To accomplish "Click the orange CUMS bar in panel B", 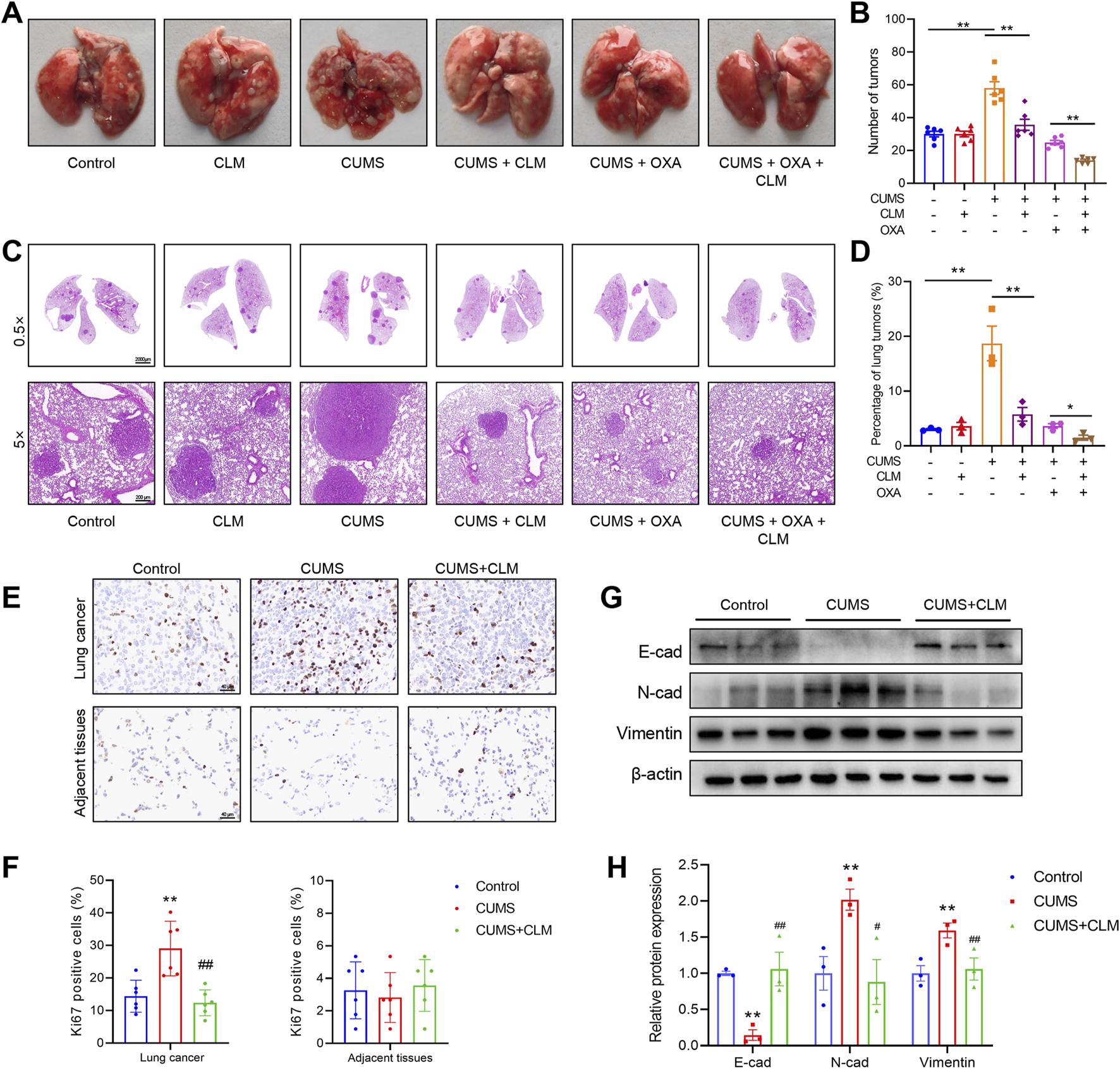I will tap(994, 136).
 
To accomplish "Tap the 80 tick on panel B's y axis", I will tap(897, 52).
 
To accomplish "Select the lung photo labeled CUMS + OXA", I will tap(635, 83).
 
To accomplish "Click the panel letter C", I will tap(12, 251).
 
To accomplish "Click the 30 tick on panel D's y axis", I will tap(894, 281).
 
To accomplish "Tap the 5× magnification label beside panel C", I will tap(20, 439).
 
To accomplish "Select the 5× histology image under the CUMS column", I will tap(363, 443).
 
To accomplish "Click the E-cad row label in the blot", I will tap(660, 652).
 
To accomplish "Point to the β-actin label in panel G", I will tap(657, 774).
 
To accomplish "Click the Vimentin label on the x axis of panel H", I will tap(947, 1062).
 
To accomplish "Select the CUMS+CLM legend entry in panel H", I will tap(1075, 925).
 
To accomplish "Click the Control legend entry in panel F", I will tap(497, 886).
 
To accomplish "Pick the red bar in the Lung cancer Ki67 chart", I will tap(170, 995).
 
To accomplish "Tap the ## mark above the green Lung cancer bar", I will tap(205, 965).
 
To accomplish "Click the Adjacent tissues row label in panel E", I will tap(80, 763).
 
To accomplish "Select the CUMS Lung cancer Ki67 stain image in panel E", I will tap(324, 637).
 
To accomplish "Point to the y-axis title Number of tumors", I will tap(873, 101).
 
